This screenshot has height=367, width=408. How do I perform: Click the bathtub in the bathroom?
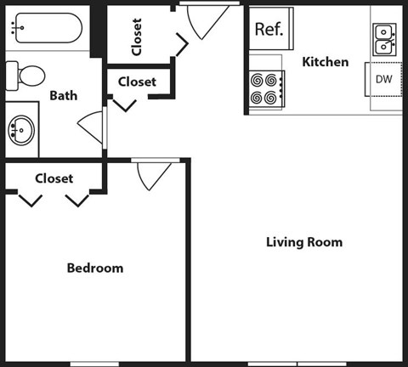[48, 28]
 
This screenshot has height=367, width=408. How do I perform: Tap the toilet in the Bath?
[25, 76]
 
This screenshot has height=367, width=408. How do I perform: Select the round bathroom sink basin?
[21, 130]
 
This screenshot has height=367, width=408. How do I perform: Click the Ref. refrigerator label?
[269, 29]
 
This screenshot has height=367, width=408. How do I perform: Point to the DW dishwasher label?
[384, 79]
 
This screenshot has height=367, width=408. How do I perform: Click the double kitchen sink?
[384, 40]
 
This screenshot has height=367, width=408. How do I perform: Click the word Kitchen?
[326, 62]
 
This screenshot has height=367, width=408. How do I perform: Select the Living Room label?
[304, 242]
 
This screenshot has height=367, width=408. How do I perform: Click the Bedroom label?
[95, 268]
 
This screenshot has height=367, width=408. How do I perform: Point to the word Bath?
[64, 95]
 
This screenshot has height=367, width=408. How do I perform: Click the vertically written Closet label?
[137, 37]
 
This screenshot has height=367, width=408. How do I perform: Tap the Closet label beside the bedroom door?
[54, 178]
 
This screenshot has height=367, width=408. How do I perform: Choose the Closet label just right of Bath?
[137, 82]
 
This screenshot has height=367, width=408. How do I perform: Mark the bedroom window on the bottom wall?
[94, 364]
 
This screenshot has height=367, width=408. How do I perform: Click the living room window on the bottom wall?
[297, 364]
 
